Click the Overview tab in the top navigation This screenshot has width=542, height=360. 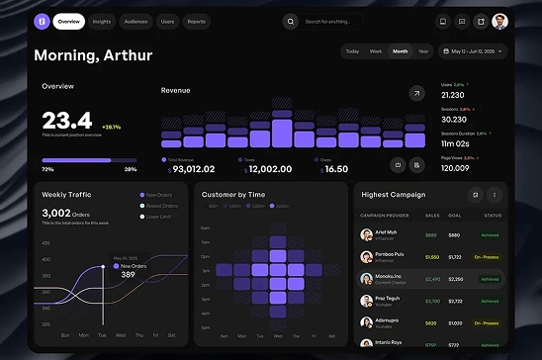coord(68,21)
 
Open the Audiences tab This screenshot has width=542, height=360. coord(136,21)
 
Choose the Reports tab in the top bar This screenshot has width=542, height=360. coord(197,21)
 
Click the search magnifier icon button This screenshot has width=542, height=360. coord(290,21)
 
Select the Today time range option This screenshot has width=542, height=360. coord(352,50)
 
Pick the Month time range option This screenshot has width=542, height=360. coord(400,50)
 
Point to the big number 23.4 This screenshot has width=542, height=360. coord(67,121)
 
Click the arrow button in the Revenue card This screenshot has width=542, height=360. coord(416,93)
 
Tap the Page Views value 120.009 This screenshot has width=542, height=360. coord(455,168)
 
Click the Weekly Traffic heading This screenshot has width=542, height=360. coord(67,195)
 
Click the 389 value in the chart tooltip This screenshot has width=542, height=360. coord(128,274)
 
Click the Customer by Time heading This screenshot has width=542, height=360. coord(232,195)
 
